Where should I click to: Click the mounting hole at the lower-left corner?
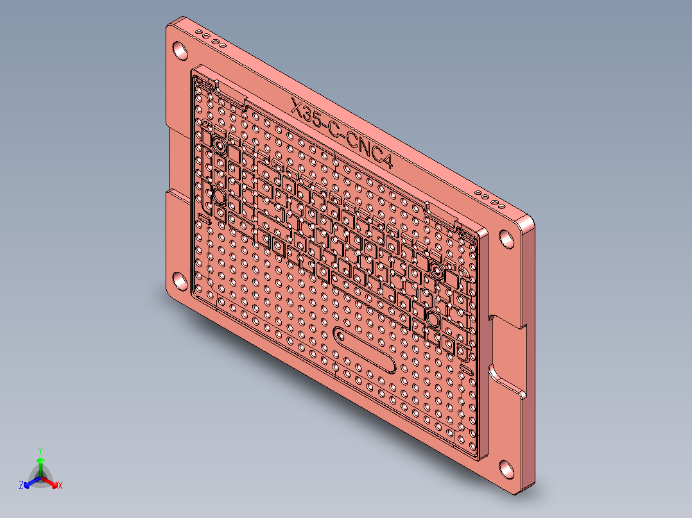(x=180, y=280)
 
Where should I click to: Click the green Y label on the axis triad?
(x=40, y=451)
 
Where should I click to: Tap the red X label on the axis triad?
(x=60, y=486)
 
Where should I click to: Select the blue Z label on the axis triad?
(x=21, y=486)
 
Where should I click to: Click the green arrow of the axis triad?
(x=40, y=465)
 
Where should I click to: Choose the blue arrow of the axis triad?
(x=30, y=482)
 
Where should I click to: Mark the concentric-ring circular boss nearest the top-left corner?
(x=219, y=146)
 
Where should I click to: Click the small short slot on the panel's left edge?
(x=204, y=219)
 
